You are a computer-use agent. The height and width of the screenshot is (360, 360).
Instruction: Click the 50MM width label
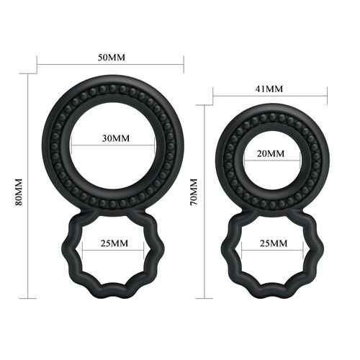point(110,57)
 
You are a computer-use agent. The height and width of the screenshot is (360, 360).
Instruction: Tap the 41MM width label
point(270,89)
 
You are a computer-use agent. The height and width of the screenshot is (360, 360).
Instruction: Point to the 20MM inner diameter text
point(270,154)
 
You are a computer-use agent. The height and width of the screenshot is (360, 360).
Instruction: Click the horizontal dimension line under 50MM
point(110,66)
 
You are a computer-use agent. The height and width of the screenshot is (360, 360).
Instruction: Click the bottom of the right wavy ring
point(270,290)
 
